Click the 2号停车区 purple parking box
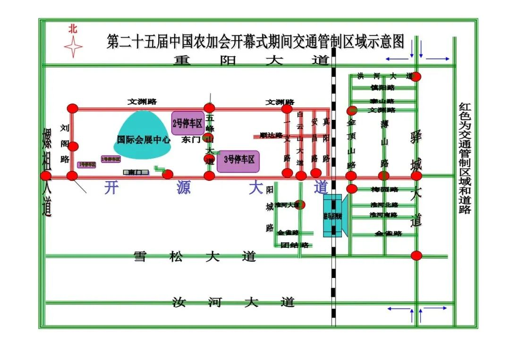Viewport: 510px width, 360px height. point(187,124)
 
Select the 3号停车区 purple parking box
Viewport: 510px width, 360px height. point(238,159)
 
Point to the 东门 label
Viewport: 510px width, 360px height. point(191,140)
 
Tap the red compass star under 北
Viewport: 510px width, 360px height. point(73,47)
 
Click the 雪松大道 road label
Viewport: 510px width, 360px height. point(195,257)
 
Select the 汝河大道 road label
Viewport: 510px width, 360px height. point(233,302)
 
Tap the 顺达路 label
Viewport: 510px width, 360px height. point(271,135)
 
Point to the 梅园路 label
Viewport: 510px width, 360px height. point(384,190)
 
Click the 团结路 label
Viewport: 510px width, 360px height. point(294,245)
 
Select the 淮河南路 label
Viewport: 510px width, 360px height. point(383,215)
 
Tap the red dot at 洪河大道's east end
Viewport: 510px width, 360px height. point(416,76)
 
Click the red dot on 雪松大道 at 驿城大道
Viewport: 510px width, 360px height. point(416,256)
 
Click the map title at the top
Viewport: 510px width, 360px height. point(255,42)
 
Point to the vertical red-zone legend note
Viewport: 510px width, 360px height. point(465,158)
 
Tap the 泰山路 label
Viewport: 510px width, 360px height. point(382,101)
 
